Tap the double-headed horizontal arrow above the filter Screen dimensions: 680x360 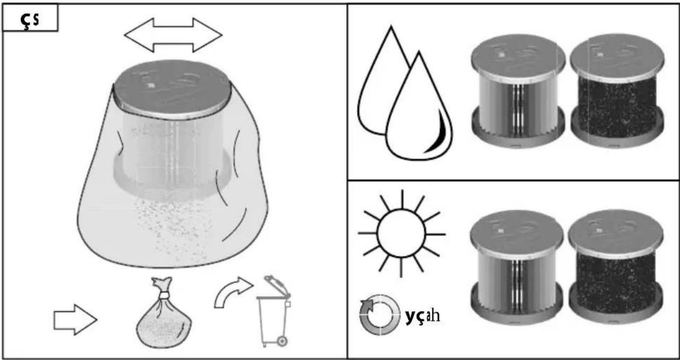(173, 35)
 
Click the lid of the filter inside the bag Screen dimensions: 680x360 (173, 89)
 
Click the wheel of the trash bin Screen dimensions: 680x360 (282, 341)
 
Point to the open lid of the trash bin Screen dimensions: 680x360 (277, 286)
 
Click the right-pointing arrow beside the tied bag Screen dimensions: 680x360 (75, 320)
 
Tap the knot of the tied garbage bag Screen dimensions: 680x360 (164, 295)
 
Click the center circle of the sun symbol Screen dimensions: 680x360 (401, 233)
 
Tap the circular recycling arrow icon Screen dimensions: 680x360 (380, 314)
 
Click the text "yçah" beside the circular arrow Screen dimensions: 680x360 (422, 316)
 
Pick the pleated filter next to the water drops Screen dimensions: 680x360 (518, 91)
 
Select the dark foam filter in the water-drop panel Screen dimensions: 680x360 (617, 91)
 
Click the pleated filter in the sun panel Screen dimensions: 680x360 (517, 267)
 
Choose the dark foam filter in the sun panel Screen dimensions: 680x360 (616, 267)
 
